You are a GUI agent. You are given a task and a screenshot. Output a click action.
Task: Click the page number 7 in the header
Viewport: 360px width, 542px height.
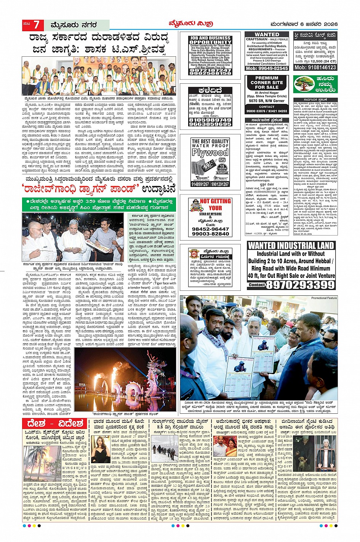pyautogui.click(x=36, y=25)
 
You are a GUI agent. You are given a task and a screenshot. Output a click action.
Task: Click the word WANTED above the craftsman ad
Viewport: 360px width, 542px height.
pyautogui.click(x=267, y=34)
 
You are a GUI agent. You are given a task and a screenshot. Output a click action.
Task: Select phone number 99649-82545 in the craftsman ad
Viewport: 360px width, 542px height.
pyautogui.click(x=267, y=68)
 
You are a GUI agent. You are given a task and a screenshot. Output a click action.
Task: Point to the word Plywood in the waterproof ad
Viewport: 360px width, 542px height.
pyautogui.click(x=210, y=152)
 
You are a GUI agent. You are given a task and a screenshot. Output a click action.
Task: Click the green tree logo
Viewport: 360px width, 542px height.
pyautogui.click(x=304, y=84)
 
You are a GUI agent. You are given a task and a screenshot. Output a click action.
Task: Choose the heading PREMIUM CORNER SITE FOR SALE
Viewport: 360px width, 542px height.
pyautogui.click(x=267, y=82)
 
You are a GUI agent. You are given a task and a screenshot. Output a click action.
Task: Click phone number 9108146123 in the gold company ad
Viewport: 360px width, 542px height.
pyautogui.click(x=315, y=67)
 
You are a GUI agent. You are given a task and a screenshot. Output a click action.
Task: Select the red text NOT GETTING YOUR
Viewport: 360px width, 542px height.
pyautogui.click(x=215, y=204)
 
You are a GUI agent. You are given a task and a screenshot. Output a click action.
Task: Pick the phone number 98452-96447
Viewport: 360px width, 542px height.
pyautogui.click(x=210, y=229)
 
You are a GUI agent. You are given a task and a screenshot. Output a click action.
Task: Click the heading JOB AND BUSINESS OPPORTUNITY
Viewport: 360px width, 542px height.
pyautogui.click(x=210, y=40)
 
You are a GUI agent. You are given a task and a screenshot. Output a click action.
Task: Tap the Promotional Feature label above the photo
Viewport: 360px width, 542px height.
pyautogui.click(x=324, y=298)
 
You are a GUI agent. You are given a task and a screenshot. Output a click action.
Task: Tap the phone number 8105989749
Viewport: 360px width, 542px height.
pyautogui.click(x=210, y=120)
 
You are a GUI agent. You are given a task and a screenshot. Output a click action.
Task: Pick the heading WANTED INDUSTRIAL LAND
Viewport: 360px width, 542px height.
pyautogui.click(x=291, y=245)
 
